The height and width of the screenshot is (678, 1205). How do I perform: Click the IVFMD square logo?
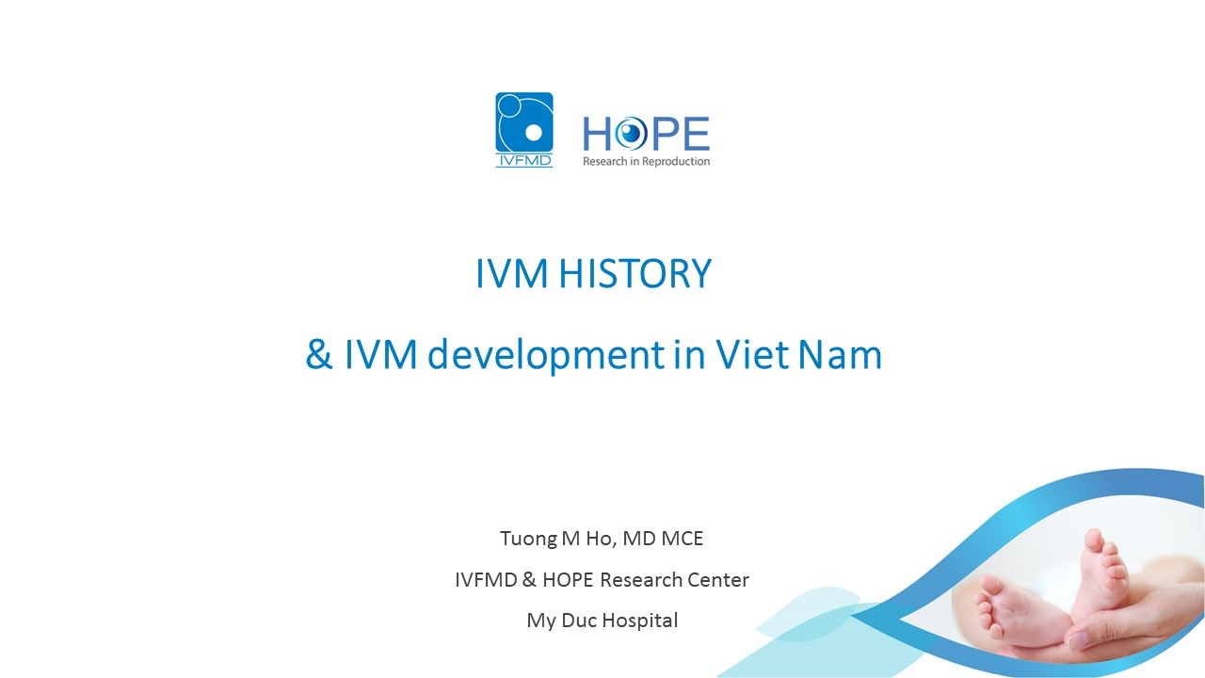coord(524,130)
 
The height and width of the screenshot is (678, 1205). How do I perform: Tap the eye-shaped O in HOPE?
coord(632,133)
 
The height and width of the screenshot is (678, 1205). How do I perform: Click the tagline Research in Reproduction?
coord(646,161)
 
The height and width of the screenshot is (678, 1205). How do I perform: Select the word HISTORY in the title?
coord(635,273)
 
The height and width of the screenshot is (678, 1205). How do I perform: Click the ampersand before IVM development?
coord(318,354)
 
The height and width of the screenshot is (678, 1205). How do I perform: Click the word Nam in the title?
coord(840,354)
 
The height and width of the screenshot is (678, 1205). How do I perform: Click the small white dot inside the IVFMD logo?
coord(533,133)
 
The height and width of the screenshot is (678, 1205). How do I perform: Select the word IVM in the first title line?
coord(512,273)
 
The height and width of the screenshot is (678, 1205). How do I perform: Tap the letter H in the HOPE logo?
coord(597,134)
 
